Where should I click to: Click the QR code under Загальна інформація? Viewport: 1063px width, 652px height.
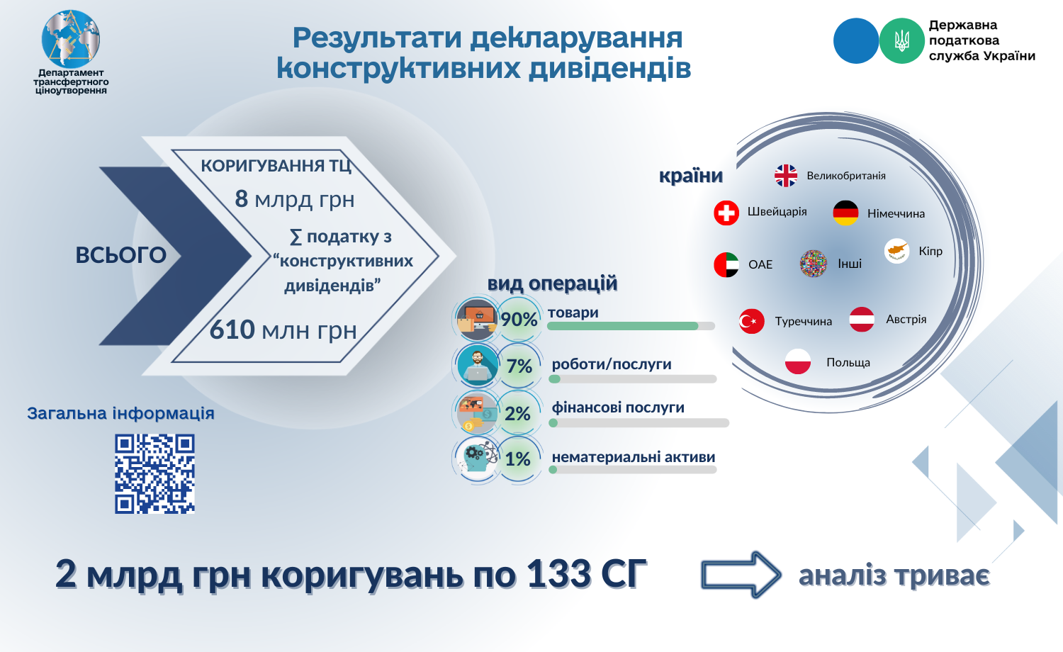point(154,473)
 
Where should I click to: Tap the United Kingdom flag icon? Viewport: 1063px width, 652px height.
point(786,176)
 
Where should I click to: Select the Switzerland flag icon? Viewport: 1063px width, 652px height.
point(726,213)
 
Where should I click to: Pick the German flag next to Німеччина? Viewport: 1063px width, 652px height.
point(845,213)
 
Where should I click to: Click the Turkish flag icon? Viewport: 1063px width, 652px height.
point(752,321)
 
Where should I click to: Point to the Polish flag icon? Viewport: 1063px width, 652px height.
point(798,361)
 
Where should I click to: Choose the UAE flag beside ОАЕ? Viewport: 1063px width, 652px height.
point(726,265)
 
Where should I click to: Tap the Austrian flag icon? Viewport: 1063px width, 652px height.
point(861,320)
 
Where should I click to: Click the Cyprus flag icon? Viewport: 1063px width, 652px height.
point(896,251)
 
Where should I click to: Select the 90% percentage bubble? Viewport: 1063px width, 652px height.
point(519,320)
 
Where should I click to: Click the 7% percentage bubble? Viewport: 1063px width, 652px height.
point(519,366)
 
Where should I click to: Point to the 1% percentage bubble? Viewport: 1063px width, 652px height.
point(519,459)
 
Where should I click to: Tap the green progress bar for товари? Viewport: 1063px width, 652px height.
point(623,326)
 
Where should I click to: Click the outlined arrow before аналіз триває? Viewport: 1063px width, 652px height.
point(741,575)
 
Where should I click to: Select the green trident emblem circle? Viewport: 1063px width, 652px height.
point(901,41)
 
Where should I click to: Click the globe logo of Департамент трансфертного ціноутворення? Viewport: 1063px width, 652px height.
point(71,39)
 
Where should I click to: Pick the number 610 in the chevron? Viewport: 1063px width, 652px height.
point(232,330)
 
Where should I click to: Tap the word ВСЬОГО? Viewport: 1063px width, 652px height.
point(121,255)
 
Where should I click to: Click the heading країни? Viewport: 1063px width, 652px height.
point(691,176)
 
